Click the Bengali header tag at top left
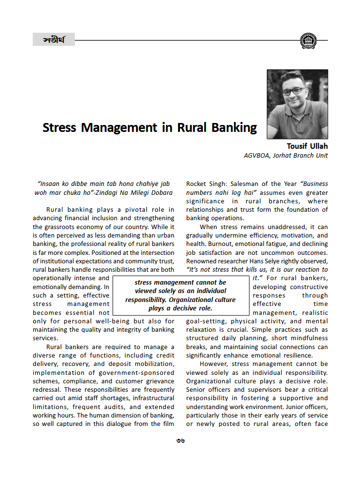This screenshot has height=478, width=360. click(54, 39)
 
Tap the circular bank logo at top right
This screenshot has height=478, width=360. click(307, 40)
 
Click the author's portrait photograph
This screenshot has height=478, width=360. click(297, 104)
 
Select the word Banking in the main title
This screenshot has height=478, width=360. click(231, 127)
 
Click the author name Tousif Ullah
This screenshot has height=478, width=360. click(307, 146)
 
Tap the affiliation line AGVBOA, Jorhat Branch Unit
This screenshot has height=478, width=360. click(286, 155)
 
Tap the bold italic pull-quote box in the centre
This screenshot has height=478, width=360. click(180, 295)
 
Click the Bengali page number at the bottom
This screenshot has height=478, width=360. click(180, 440)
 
